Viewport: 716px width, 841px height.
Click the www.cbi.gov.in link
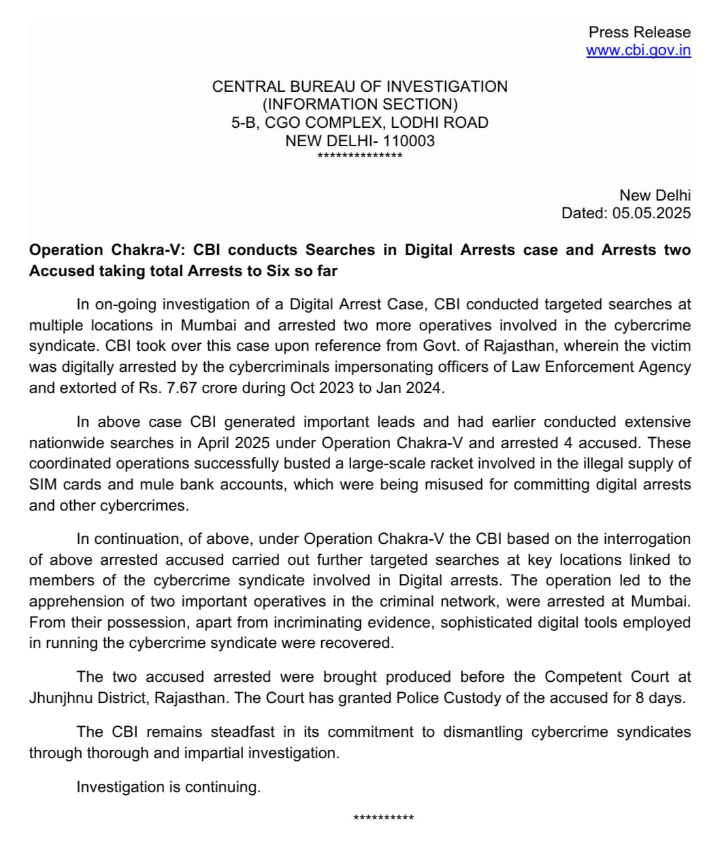638,50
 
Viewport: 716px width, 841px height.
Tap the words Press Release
639,32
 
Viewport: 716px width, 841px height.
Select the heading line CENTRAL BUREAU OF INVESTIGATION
359,86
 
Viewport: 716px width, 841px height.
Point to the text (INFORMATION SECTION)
359,105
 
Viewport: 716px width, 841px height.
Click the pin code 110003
408,141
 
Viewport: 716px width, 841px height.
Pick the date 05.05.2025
651,213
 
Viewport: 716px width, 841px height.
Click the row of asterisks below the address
360,156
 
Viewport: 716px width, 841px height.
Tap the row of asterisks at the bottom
383,817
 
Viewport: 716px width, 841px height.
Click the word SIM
43,485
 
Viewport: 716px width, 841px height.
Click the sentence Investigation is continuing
168,787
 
